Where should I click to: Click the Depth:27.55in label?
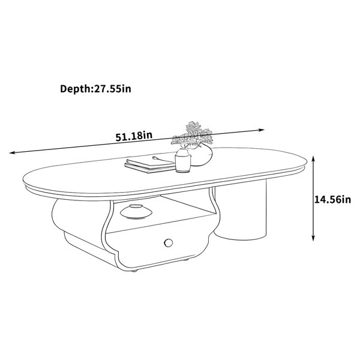pos(95,89)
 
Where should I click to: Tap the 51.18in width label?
pos(134,136)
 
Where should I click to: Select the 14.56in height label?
pos(332,200)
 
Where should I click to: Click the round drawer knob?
pos(169,242)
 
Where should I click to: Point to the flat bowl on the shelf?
pos(136,211)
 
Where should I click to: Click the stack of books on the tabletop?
pos(149,164)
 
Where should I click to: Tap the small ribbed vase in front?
pos(183,160)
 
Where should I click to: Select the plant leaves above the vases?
pos(193,134)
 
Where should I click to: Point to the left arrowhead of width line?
pos(11,152)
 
